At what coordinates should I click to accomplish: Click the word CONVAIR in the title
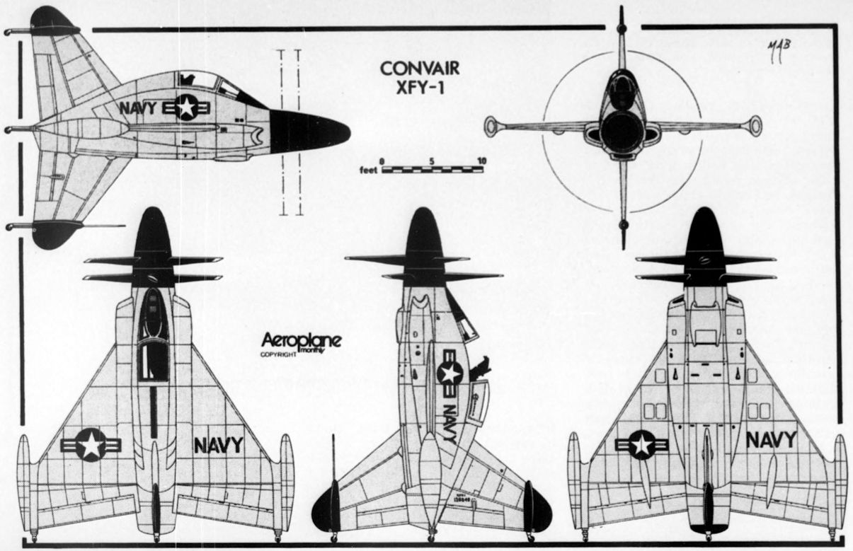coord(420,69)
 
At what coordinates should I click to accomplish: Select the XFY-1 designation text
coord(420,88)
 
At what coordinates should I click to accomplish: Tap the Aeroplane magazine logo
coord(300,341)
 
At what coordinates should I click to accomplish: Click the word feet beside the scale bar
coord(369,170)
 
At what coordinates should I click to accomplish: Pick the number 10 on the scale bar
coord(481,161)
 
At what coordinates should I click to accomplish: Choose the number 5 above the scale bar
coord(432,161)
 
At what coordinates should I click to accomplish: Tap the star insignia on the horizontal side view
coord(185,108)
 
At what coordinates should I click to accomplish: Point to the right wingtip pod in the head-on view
coord(755,126)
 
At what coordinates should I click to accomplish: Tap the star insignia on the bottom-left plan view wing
coord(91,445)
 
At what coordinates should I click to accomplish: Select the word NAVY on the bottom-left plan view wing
coord(218,445)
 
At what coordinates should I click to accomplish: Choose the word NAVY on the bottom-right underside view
coord(771,440)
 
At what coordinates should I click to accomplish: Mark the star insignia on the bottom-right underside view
coord(641,445)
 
